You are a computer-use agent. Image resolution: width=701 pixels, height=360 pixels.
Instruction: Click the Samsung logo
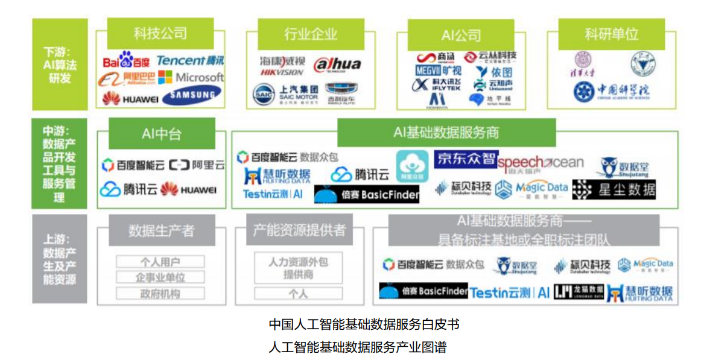click(191, 95)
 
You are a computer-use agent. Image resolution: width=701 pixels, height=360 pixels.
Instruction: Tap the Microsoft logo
click(191, 77)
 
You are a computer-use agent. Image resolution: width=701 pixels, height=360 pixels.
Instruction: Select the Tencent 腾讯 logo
click(190, 60)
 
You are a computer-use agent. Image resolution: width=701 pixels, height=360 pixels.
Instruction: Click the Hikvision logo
click(282, 66)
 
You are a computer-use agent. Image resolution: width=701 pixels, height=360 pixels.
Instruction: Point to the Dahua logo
click(337, 65)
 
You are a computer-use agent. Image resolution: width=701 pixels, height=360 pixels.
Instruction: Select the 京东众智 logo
click(465, 159)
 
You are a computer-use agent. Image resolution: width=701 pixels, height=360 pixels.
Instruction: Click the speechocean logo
click(541, 162)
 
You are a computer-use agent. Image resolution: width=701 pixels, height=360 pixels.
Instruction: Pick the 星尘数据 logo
click(614, 189)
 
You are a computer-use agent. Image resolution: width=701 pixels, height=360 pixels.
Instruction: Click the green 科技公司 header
click(160, 33)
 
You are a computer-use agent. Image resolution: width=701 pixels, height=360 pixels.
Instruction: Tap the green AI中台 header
click(161, 133)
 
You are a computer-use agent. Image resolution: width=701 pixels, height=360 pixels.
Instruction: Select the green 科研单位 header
click(611, 34)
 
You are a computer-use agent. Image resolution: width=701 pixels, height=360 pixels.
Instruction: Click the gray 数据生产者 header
click(161, 230)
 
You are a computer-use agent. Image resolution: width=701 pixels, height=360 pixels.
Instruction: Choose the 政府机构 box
click(160, 294)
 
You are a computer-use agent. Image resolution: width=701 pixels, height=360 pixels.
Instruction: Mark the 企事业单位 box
click(160, 277)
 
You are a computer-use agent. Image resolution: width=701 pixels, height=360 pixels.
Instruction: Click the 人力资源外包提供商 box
click(298, 268)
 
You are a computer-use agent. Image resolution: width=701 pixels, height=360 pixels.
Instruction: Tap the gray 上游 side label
click(60, 259)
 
